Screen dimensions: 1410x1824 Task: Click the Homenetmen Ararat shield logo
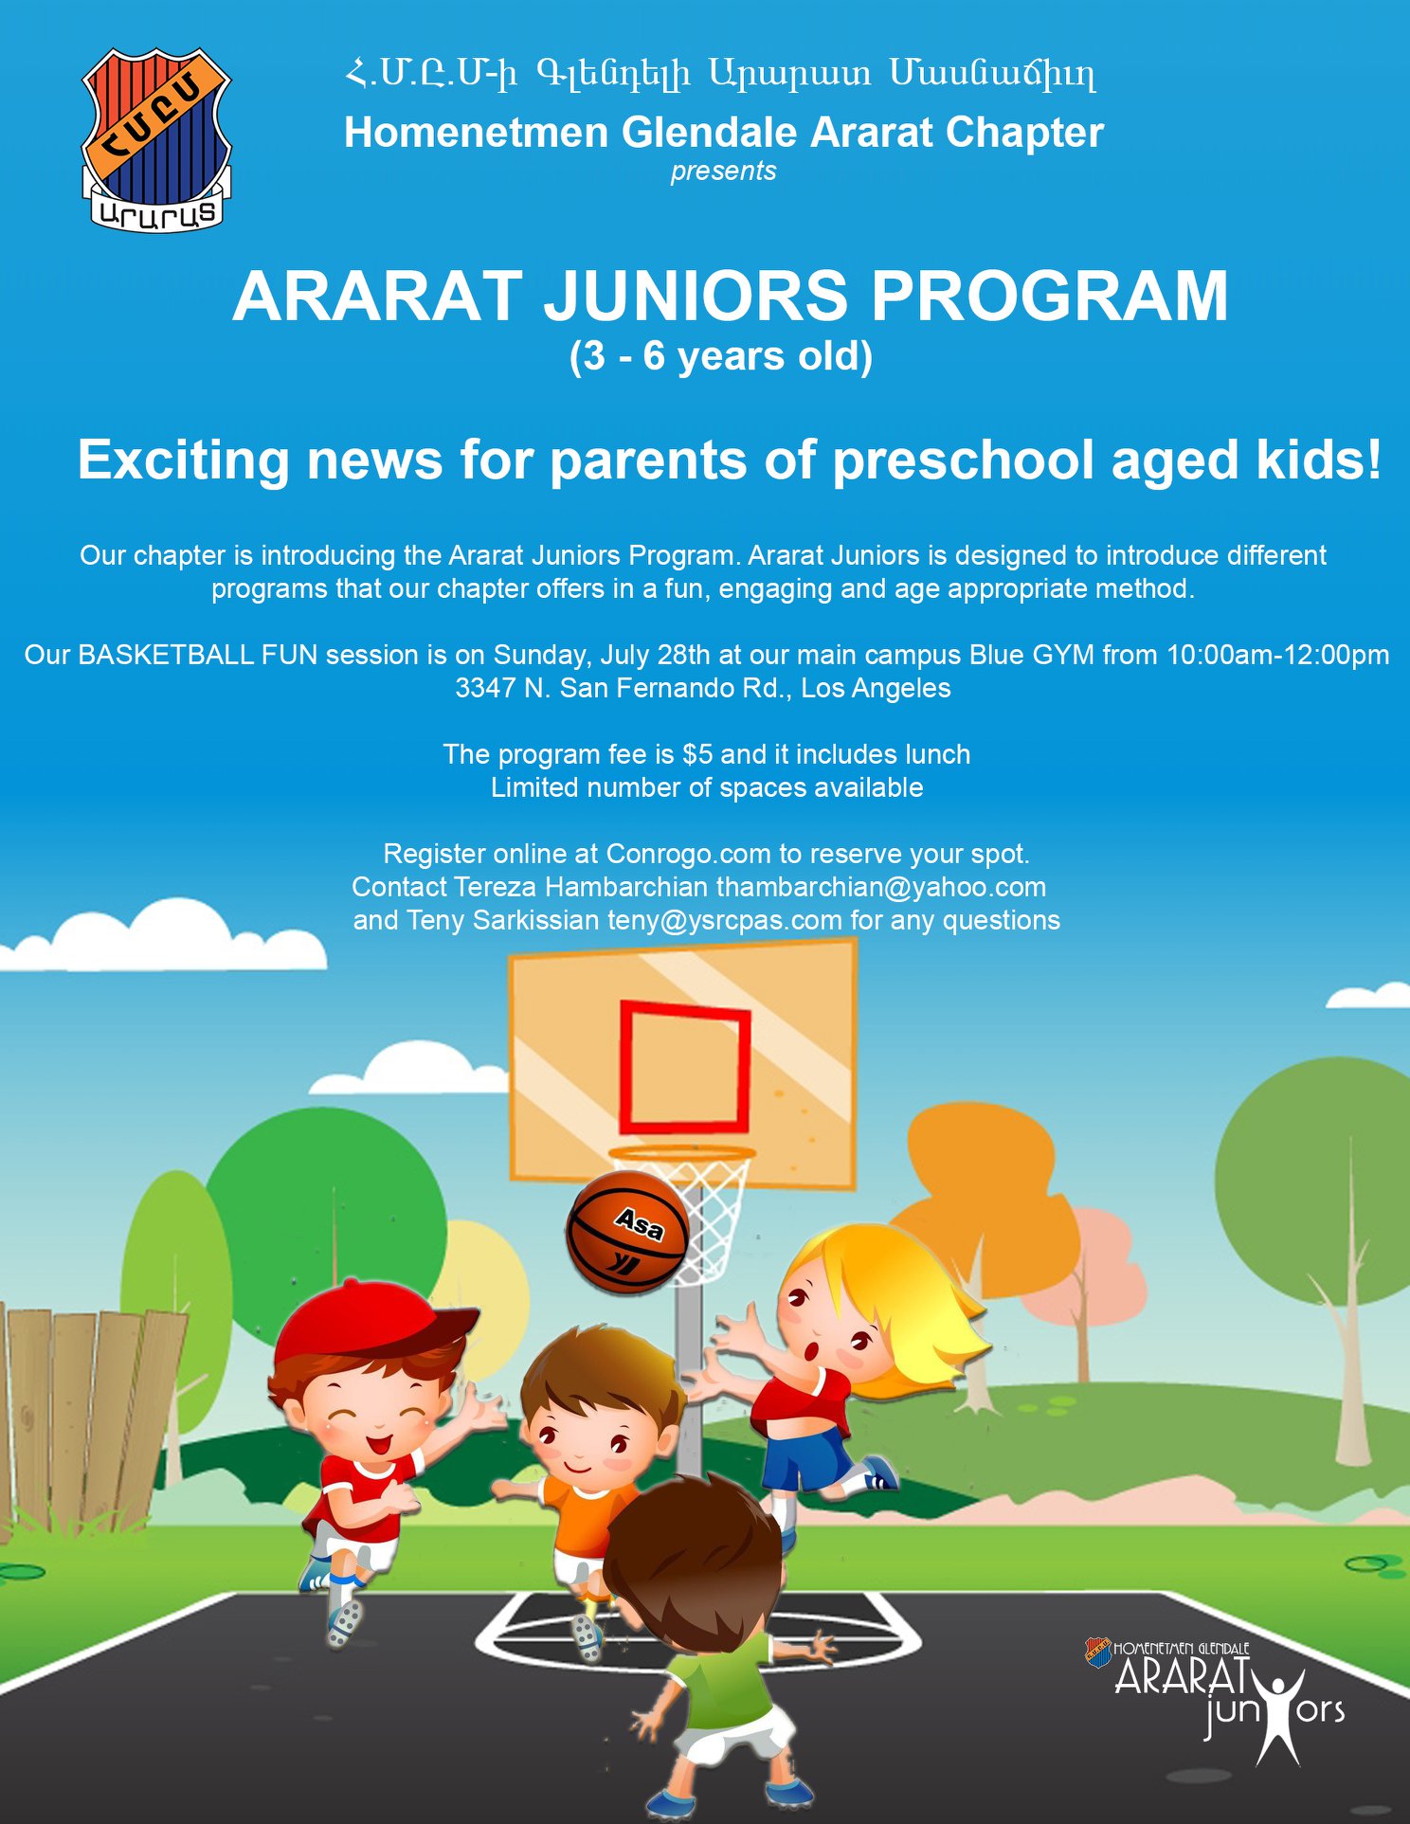tap(156, 139)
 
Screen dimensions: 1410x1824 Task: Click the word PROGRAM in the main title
tap(1050, 296)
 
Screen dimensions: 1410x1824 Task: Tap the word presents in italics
tap(724, 172)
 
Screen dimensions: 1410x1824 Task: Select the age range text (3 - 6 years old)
tap(721, 357)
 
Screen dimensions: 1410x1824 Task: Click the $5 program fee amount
tap(697, 754)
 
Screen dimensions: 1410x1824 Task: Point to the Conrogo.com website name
tap(688, 854)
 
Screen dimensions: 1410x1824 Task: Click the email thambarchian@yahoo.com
tap(881, 887)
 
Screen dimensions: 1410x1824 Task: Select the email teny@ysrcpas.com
tap(725, 920)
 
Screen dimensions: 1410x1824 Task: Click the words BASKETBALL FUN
tap(197, 655)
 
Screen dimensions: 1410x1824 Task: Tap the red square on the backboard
tap(685, 1067)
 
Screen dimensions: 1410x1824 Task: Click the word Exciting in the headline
tap(183, 461)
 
